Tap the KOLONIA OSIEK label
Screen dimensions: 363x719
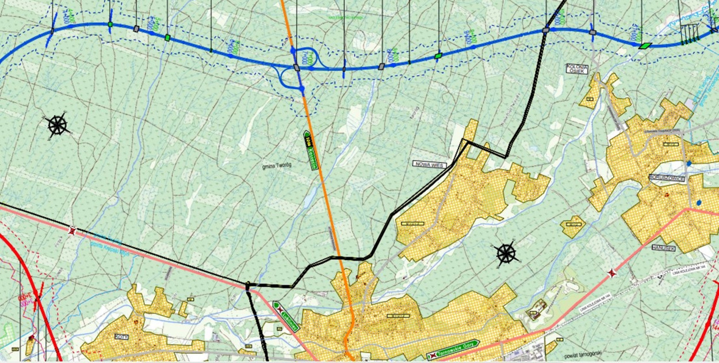pyautogui.click(x=577, y=68)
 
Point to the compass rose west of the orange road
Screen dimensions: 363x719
pyautogui.click(x=58, y=124)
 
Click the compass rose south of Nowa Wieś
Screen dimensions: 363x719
pyautogui.click(x=505, y=252)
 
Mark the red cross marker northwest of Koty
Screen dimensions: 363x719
pyautogui.click(x=72, y=231)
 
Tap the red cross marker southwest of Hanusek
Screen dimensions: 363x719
pyautogui.click(x=612, y=273)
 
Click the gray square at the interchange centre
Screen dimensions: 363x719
pyautogui.click(x=297, y=68)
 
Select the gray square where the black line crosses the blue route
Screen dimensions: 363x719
pyautogui.click(x=545, y=29)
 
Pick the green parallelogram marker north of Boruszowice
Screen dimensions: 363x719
pyautogui.click(x=645, y=46)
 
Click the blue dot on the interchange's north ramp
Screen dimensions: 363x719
pyautogui.click(x=292, y=51)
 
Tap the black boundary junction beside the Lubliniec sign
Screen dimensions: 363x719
pyautogui.click(x=248, y=285)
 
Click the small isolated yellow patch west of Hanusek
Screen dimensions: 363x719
pyautogui.click(x=573, y=226)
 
